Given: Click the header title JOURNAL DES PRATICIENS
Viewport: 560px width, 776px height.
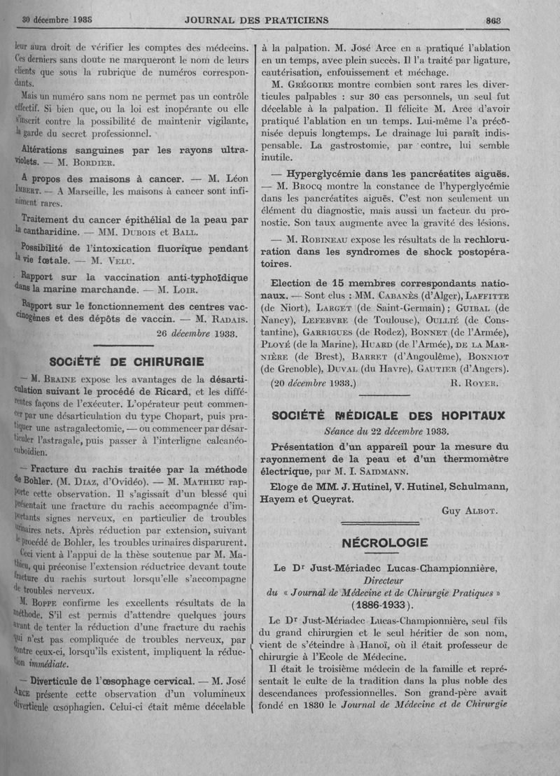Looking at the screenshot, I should click(256, 20).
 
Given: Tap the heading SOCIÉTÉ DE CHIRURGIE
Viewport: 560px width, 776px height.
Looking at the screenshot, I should click(127, 362).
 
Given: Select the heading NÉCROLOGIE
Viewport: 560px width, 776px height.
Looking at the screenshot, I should click(384, 542).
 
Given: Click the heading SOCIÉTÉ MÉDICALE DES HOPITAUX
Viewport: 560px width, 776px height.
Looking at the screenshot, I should click(387, 416).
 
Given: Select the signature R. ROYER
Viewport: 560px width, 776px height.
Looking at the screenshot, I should click(475, 383).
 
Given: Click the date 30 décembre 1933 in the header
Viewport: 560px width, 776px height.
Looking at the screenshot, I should click(59, 20).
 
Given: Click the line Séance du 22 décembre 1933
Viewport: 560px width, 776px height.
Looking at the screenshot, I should click(387, 430).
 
